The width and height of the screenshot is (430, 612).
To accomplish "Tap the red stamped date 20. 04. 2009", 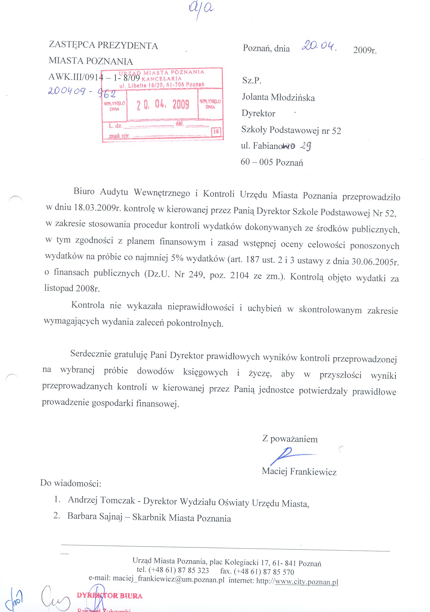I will click(x=163, y=105).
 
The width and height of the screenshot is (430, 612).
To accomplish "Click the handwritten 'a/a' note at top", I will click(x=201, y=8).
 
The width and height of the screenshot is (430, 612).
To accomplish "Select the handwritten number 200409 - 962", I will click(x=82, y=92).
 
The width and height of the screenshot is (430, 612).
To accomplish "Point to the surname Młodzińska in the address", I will click(x=293, y=98).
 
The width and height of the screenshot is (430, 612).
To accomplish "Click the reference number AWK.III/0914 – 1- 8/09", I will click(x=94, y=77).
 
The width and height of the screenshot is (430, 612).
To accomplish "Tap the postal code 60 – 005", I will click(x=257, y=162).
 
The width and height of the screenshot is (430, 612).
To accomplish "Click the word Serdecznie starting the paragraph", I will click(x=91, y=354).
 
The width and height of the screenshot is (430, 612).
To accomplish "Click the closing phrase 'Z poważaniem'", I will click(x=290, y=439).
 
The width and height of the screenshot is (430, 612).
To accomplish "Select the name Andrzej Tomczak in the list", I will click(x=101, y=500).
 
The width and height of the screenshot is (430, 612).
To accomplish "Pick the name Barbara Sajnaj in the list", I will click(x=95, y=516).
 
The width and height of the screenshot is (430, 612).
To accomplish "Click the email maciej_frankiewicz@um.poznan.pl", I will click(x=169, y=579).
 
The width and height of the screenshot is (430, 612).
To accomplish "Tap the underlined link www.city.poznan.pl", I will click(x=306, y=582).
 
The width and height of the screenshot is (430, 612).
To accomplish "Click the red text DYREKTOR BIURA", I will click(x=109, y=596).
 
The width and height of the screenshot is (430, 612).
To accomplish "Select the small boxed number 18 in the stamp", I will click(x=216, y=132).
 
